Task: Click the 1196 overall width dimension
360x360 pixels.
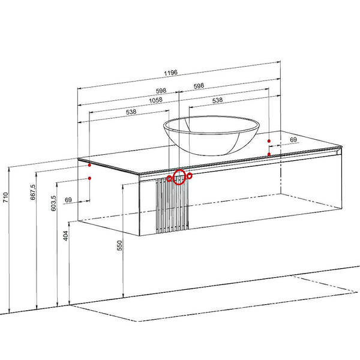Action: click(x=170, y=73)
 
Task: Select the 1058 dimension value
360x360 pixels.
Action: click(x=155, y=100)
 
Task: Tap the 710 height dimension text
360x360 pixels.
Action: click(x=5, y=197)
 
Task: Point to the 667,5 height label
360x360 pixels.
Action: click(x=33, y=192)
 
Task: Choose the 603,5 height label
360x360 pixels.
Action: click(x=53, y=203)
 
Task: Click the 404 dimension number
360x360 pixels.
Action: click(x=66, y=236)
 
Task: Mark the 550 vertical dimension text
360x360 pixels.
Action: click(x=119, y=245)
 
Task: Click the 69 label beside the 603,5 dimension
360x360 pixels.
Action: click(x=68, y=200)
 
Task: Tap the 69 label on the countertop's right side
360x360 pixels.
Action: click(x=293, y=140)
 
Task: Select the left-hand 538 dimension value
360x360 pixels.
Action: click(x=131, y=112)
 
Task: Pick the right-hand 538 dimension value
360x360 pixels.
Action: click(x=217, y=100)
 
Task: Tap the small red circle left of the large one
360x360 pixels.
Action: click(x=169, y=178)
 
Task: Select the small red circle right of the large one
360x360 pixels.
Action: click(x=190, y=176)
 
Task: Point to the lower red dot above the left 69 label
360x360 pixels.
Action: click(x=89, y=178)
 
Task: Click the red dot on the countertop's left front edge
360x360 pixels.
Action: click(x=89, y=165)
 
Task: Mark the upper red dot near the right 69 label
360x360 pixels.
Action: click(x=269, y=141)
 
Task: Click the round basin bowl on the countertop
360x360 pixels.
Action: click(x=211, y=135)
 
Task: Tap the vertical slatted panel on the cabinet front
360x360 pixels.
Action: click(x=172, y=205)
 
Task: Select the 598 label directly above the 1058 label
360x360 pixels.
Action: click(x=161, y=91)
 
